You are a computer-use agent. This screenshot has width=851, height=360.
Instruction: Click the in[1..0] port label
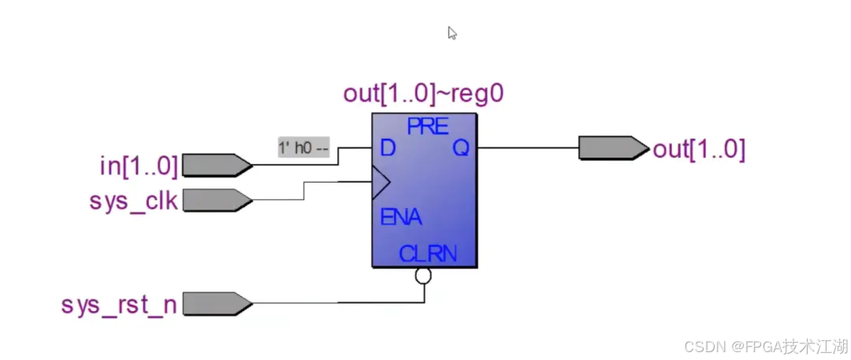pyautogui.click(x=138, y=165)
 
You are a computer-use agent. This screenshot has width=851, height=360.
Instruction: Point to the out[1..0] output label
pyautogui.click(x=699, y=149)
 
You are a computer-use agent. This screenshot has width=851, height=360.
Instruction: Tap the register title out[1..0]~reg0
pyautogui.click(x=423, y=94)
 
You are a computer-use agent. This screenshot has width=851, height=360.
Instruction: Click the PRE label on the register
pyautogui.click(x=427, y=126)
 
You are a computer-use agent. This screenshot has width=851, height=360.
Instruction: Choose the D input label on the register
pyautogui.click(x=387, y=148)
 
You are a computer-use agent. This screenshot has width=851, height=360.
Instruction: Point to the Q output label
pyautogui.click(x=460, y=148)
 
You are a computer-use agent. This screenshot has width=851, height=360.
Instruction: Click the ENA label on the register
pyautogui.click(x=400, y=218)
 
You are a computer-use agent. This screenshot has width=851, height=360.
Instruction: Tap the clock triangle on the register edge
pyautogui.click(x=381, y=184)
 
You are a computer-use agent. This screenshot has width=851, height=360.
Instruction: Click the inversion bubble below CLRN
pyautogui.click(x=423, y=276)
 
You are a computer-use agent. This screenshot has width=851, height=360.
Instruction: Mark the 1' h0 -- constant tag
pyautogui.click(x=303, y=147)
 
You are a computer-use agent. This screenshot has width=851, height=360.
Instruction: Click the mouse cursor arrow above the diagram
pyautogui.click(x=452, y=33)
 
